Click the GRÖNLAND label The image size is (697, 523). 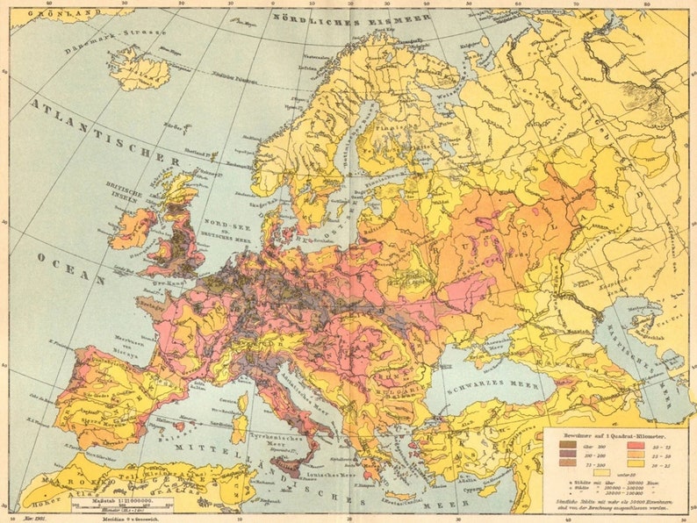[x=43, y=14]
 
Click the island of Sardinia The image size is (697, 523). [x=239, y=429]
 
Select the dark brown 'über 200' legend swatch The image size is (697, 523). [x=570, y=447]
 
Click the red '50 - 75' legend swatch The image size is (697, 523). [x=635, y=447]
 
